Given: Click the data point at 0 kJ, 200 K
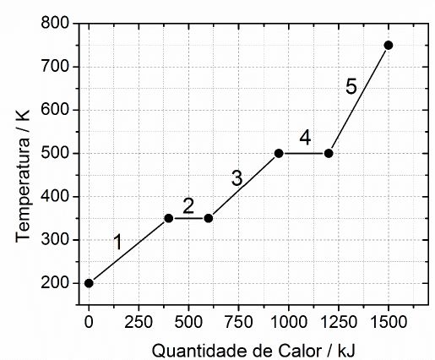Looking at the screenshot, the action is [89, 283].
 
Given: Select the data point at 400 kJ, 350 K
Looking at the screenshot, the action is [169, 218].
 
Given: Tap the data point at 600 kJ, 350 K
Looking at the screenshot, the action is [209, 218].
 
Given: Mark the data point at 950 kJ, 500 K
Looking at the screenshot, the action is [279, 154].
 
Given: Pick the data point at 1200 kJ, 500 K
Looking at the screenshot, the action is [329, 154].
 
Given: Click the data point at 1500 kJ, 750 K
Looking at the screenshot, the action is [389, 45].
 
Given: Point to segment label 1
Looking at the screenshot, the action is [118, 243].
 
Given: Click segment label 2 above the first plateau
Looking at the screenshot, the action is [188, 206].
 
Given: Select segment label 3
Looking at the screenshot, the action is [237, 178].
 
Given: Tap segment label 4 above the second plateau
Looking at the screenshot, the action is [305, 138].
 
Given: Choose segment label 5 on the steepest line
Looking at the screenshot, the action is [351, 86].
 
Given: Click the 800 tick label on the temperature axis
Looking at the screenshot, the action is [55, 22].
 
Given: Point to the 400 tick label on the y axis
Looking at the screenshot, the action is [55, 196].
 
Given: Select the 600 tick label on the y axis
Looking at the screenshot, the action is [55, 109].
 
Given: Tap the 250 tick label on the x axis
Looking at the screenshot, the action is [139, 321].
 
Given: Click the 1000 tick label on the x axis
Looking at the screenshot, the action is [288, 321].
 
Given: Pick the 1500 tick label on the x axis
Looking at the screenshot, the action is [389, 321].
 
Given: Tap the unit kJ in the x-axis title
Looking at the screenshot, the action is [346, 352].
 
